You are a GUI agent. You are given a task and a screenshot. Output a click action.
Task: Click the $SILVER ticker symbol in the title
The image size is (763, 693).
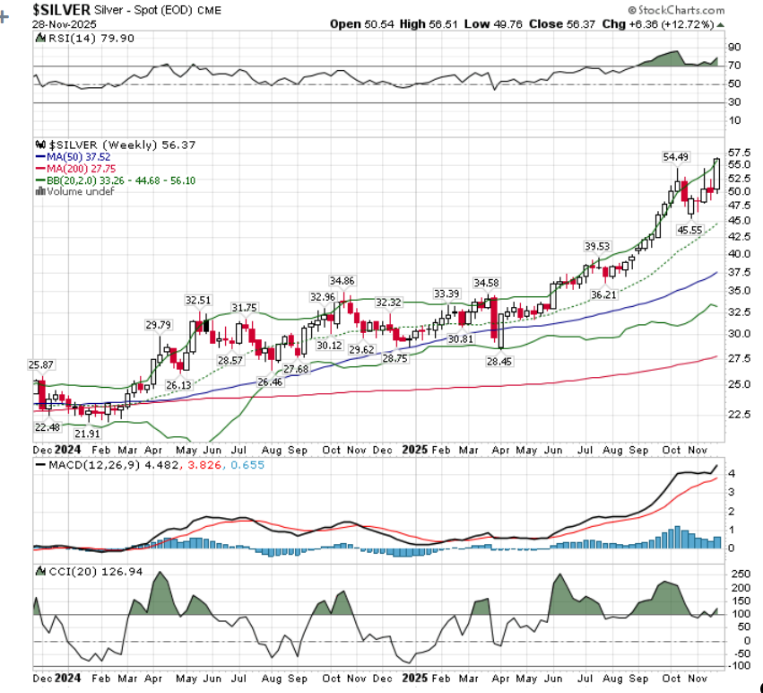[61, 9]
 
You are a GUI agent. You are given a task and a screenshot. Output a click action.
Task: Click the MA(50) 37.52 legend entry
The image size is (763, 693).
[78, 156]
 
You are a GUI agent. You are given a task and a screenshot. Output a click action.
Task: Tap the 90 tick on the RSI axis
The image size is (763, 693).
[734, 47]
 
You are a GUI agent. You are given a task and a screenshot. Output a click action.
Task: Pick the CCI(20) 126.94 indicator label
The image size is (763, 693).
[77, 571]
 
